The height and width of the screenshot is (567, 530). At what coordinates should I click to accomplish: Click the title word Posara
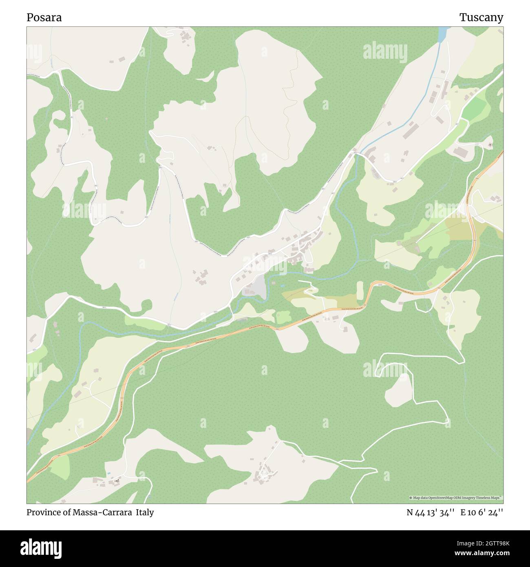pyautogui.click(x=44, y=18)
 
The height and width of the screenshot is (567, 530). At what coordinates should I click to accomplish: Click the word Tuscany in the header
pyautogui.click(x=481, y=18)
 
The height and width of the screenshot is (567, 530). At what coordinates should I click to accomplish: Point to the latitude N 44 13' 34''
pyautogui.click(x=430, y=513)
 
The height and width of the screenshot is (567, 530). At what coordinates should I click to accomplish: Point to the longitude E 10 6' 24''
pyautogui.click(x=481, y=513)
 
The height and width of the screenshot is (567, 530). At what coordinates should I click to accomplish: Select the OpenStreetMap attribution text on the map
pyautogui.click(x=455, y=498)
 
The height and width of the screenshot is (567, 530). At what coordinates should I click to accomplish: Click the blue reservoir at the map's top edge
pyautogui.click(x=443, y=34)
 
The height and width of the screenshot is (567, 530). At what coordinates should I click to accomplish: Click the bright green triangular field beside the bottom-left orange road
pyautogui.click(x=60, y=467)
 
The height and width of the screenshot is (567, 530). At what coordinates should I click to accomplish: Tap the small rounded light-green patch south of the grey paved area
pyautogui.click(x=283, y=317)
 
